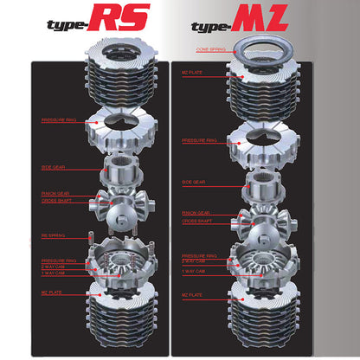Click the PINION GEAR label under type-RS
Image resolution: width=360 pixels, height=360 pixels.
point(54,194)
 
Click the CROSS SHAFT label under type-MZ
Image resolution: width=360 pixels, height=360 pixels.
point(196,221)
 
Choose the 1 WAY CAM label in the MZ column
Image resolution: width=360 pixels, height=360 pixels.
point(194,272)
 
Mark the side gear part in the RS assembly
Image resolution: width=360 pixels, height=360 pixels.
point(120,170)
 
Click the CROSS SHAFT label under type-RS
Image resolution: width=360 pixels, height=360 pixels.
point(54,201)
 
